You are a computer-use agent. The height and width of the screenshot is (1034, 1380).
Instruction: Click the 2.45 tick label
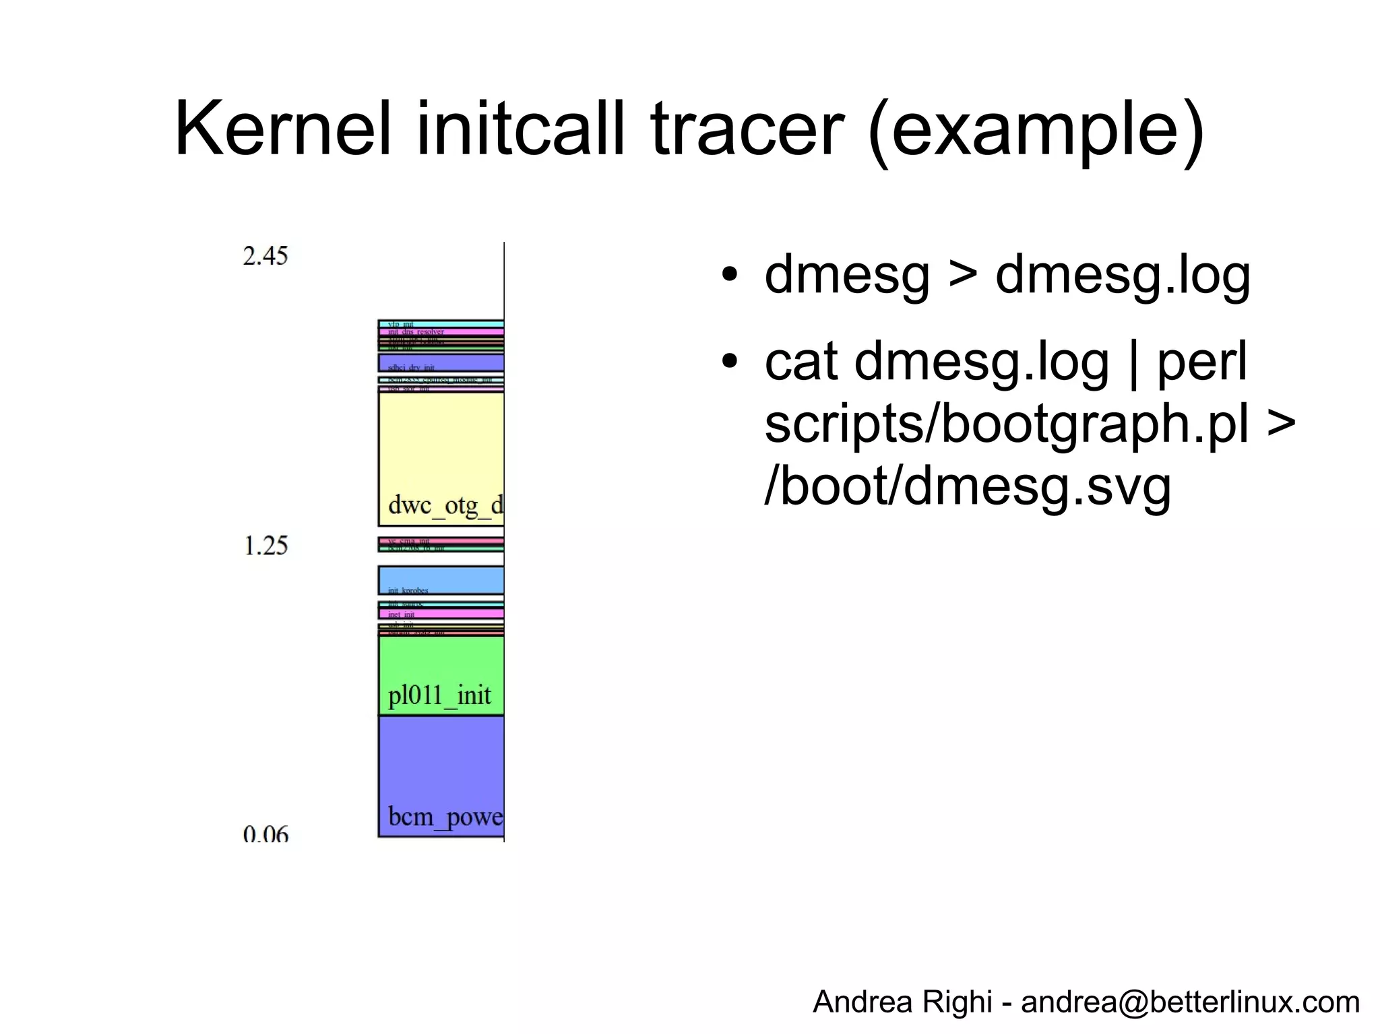coord(265,256)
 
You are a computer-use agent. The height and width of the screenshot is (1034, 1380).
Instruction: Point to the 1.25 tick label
coord(265,545)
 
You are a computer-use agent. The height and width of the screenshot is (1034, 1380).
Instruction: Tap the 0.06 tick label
coord(265,835)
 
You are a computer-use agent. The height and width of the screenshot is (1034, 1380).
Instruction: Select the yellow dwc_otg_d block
coord(441,458)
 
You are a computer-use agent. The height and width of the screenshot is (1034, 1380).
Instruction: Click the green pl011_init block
coord(441,676)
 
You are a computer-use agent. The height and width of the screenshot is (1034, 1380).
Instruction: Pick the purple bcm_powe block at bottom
coord(441,776)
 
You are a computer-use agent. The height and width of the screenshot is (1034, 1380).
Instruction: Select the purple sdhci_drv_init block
coord(441,362)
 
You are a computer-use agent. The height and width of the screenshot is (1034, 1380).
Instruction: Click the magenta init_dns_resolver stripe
coord(441,332)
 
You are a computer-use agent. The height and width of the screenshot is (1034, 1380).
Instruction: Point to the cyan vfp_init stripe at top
coord(441,324)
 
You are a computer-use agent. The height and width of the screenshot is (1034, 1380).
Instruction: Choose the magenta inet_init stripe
coord(441,614)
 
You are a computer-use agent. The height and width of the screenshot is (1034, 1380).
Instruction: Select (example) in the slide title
coord(1036,129)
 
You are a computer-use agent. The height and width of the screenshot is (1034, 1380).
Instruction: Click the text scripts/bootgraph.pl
coord(1007,424)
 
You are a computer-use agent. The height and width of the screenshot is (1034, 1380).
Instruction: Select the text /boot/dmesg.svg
coord(968,486)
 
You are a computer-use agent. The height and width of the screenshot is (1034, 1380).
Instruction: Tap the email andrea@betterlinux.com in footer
coord(1190,1002)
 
